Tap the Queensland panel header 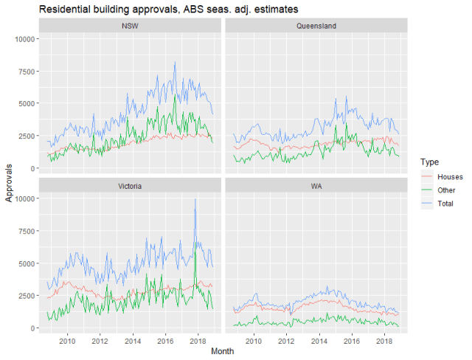coord(316,26)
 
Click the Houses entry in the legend coord(450,178)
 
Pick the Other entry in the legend coord(447,190)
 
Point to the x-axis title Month coord(222,352)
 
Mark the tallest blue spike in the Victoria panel coord(195,199)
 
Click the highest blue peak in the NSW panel coord(175,62)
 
